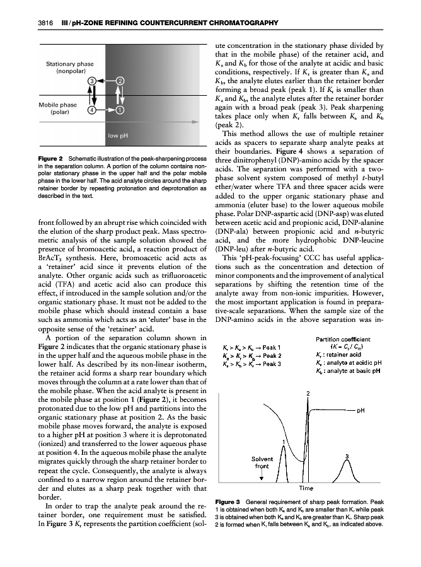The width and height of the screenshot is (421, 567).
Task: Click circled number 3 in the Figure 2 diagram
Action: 92,81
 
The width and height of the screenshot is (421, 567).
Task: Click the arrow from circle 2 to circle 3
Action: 107,81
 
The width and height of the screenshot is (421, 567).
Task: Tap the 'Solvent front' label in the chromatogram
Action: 262,464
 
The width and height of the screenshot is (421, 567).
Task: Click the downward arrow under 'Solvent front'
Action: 262,476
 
